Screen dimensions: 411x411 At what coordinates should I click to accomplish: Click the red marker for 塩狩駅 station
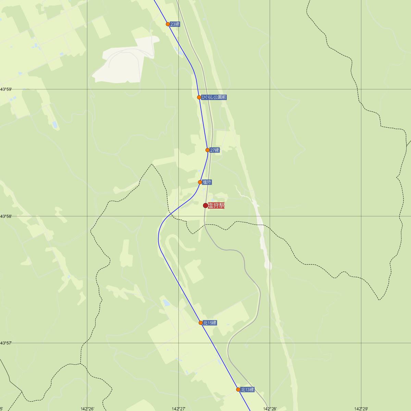206,206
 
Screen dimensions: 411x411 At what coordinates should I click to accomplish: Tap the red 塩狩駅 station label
216,206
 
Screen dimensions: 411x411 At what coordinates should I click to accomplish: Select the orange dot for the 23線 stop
168,24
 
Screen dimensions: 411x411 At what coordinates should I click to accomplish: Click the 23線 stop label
175,24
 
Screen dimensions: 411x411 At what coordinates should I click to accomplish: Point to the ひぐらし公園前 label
214,97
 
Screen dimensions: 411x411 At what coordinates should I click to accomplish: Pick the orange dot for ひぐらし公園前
199,97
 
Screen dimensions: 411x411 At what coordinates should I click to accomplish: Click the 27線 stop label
215,150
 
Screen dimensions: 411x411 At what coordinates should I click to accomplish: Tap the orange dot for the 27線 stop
208,150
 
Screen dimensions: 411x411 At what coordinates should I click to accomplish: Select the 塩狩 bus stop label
207,182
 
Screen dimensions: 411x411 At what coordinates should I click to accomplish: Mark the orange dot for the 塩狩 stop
200,182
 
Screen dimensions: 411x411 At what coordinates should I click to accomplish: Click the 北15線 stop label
210,323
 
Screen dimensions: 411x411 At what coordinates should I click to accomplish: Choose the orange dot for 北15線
201,323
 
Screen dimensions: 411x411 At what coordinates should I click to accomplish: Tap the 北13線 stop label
247,389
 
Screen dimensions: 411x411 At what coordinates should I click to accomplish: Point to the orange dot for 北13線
238,389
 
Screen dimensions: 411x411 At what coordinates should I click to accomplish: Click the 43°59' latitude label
6,89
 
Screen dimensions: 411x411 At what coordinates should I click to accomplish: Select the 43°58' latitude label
6,216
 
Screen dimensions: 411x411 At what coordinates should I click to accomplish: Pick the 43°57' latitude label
6,343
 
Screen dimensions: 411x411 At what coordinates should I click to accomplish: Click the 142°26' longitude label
87,409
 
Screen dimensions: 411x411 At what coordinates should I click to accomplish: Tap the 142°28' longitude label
270,409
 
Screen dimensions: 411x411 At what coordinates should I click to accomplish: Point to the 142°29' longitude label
361,409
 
